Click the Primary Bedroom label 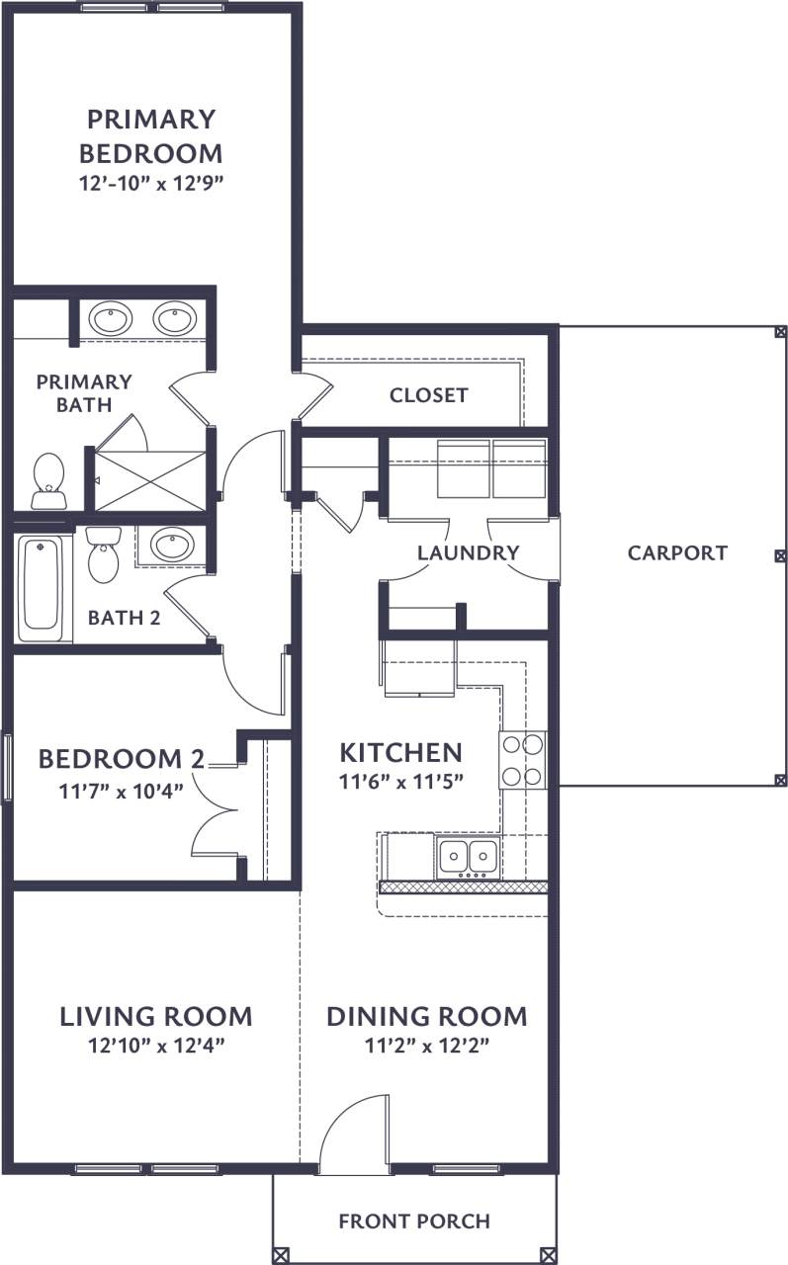tap(150, 136)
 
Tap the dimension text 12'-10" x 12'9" tap(150, 185)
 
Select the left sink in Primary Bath tap(110, 318)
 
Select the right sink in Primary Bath tap(175, 318)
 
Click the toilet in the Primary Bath tap(48, 479)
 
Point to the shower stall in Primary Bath tap(150, 480)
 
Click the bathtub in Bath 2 tap(43, 589)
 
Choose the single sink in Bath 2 tap(171, 545)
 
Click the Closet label tap(428, 395)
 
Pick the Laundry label tap(468, 552)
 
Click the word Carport tap(677, 552)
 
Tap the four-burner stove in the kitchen tap(523, 760)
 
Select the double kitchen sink tap(468, 855)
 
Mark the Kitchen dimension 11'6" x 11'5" tap(401, 781)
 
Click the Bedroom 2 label tap(122, 759)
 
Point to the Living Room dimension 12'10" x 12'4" tap(155, 1046)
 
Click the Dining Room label tap(426, 1016)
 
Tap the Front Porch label tap(414, 1222)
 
